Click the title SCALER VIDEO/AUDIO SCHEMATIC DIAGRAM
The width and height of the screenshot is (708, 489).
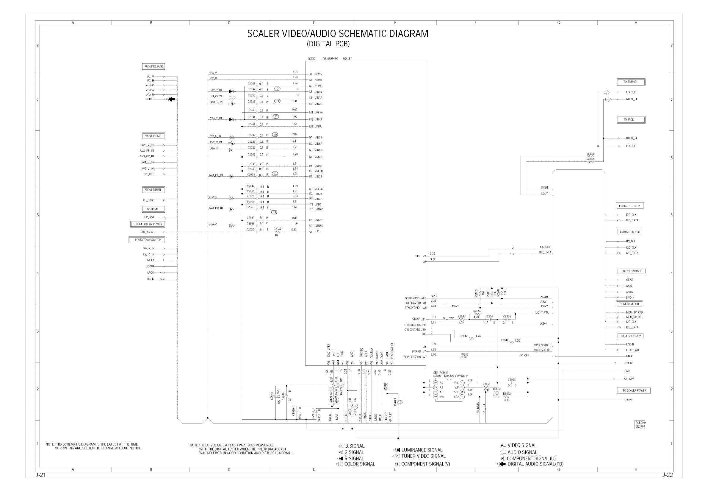pos(337,34)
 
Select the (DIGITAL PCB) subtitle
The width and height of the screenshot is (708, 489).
pos(328,44)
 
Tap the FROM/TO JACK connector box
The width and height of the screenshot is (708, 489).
pos(153,66)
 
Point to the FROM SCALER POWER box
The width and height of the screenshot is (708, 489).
pos(148,224)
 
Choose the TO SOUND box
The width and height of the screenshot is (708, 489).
pos(631,82)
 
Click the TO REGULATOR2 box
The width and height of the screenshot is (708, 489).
pos(630,336)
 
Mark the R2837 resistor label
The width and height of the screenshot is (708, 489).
pos(277,229)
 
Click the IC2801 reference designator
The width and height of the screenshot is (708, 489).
pos(312,59)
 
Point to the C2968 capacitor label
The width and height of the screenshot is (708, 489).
pos(512,380)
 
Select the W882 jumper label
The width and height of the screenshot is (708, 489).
pos(464,354)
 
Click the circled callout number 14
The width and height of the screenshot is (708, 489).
pos(275,212)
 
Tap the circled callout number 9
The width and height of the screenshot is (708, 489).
pos(277,88)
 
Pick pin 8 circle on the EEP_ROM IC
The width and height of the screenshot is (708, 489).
pos(462,383)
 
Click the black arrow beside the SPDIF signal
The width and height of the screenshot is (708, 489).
pos(172,99)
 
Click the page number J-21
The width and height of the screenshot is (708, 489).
pos(41,475)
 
